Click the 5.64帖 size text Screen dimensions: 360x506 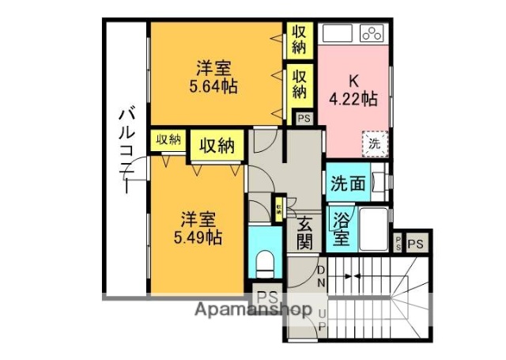point(213,85)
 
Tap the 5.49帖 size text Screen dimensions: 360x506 point(198,237)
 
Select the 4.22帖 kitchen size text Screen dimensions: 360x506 point(352,99)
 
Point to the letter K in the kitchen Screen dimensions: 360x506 point(353,80)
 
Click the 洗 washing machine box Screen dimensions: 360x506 point(374,145)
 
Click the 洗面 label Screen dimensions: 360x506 point(349,184)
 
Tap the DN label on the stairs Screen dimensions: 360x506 point(322,276)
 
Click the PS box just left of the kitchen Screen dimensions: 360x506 point(304,119)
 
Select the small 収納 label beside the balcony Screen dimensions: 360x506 point(168,140)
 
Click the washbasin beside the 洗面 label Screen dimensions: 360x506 point(380,183)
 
